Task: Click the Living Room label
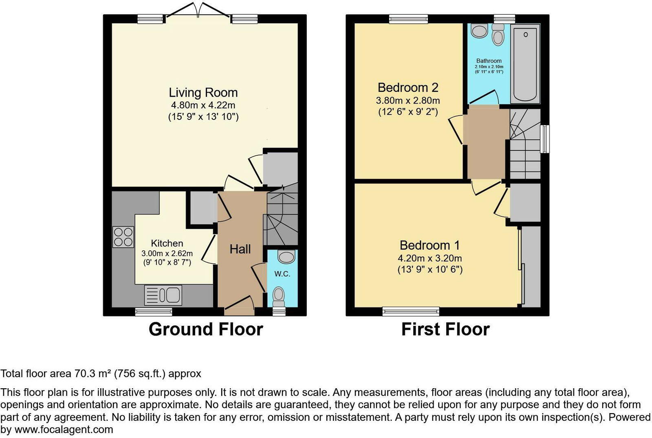pos(203,93)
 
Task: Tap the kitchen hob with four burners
pos(123,237)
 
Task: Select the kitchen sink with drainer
pos(163,295)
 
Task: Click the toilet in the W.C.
pos(279,296)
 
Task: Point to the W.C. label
pos(282,274)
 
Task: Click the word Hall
pos(240,249)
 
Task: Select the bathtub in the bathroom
pos(525,62)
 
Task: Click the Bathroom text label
pos(489,61)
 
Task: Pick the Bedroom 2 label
pos(407,87)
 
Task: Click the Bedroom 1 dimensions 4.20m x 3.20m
pos(430,258)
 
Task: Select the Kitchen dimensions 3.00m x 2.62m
pos(167,253)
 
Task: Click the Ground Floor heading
pos(205,329)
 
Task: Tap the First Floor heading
pos(445,329)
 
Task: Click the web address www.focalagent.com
pos(64,429)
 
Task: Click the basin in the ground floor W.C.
pos(286,257)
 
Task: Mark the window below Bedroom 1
pos(411,312)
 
